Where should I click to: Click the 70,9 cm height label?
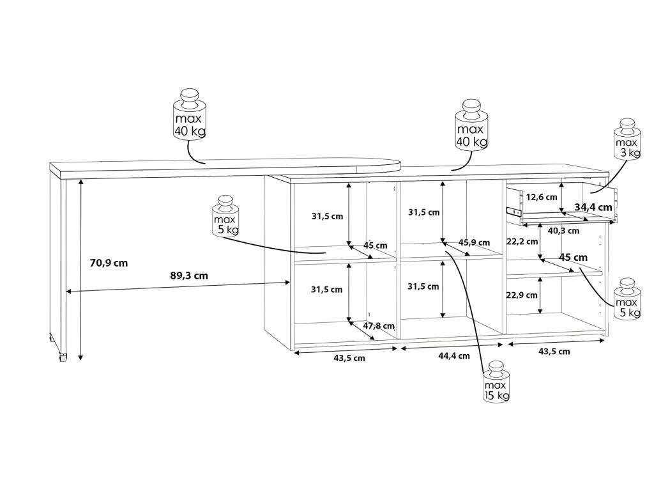tap(109, 262)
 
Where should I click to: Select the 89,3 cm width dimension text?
tap(190, 276)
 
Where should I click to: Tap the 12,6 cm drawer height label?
tap(542, 197)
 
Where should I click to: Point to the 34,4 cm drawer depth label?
tap(593, 207)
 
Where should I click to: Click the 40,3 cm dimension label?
tap(564, 231)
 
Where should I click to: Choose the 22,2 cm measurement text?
tap(522, 242)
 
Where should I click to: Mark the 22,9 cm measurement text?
tap(522, 295)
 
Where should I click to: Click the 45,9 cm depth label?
tap(474, 243)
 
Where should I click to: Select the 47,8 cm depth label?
tap(379, 326)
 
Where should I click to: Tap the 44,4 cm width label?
tap(453, 356)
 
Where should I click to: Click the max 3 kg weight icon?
tap(627, 139)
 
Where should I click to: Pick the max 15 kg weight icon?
tap(496, 382)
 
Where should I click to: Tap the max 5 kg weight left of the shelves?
tap(225, 217)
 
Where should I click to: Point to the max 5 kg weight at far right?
tap(627, 299)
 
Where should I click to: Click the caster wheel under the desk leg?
tap(62, 357)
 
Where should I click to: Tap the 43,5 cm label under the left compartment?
tap(349, 358)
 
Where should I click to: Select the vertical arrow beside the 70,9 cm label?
tap(80, 269)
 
